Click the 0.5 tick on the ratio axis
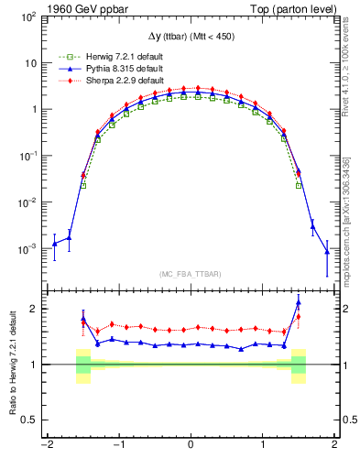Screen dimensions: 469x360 coord(31,420)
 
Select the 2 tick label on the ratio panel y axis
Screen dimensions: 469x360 coord(35,309)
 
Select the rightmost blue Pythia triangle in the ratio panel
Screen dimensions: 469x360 coord(299,303)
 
